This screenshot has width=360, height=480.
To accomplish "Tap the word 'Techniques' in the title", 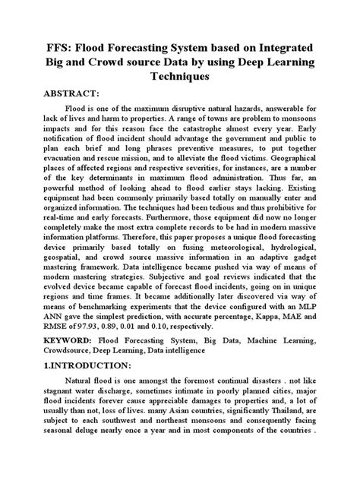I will point(180,77).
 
